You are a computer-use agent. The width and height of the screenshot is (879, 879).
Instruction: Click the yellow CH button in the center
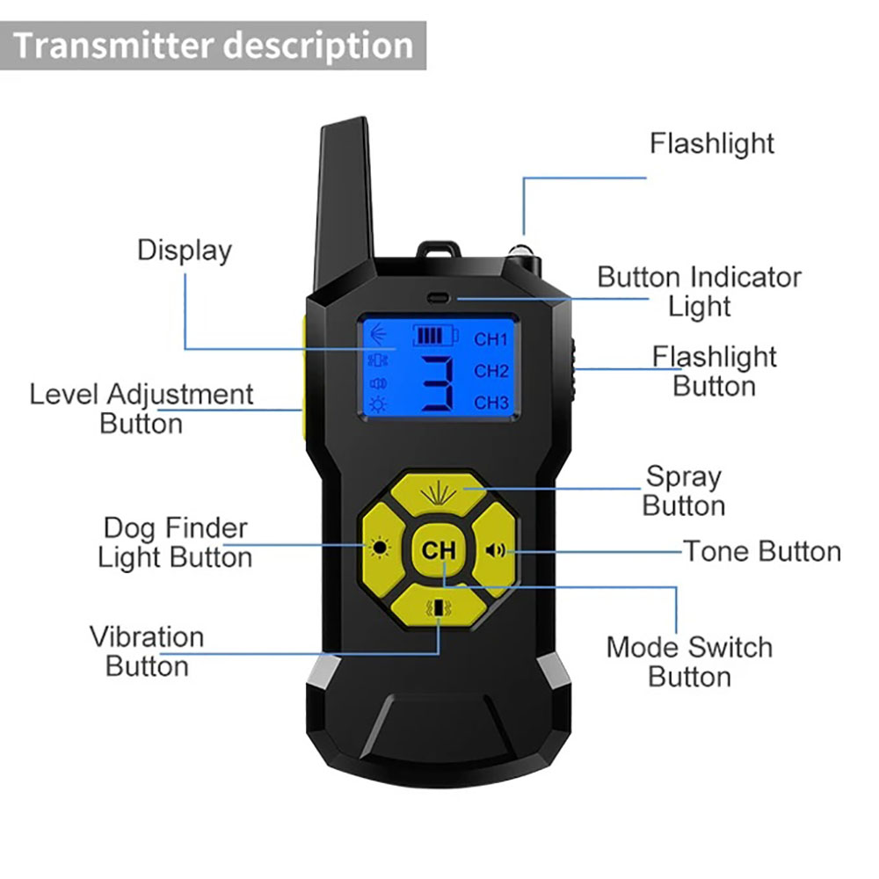pyautogui.click(x=439, y=551)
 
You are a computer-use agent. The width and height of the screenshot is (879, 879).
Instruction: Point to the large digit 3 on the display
pyautogui.click(x=437, y=384)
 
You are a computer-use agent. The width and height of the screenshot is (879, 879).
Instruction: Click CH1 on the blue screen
pyautogui.click(x=491, y=339)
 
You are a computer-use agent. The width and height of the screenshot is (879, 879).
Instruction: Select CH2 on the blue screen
pyautogui.click(x=491, y=371)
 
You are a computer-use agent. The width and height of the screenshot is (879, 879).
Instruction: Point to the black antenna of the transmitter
pyautogui.click(x=346, y=202)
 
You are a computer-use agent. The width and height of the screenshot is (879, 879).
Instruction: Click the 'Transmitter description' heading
pyautogui.click(x=214, y=46)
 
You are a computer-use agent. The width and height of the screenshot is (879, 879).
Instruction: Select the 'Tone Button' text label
pyautogui.click(x=762, y=551)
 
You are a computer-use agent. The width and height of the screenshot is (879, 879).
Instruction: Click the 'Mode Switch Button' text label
pyautogui.click(x=689, y=662)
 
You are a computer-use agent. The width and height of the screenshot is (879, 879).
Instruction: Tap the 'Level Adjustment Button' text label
pyautogui.click(x=142, y=408)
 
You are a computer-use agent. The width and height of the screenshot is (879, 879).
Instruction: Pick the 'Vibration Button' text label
pyautogui.click(x=147, y=650)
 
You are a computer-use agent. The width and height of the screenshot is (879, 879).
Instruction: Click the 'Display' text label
pyautogui.click(x=185, y=251)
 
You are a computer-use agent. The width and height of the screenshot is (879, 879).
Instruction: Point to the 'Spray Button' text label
pyautogui.click(x=684, y=490)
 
